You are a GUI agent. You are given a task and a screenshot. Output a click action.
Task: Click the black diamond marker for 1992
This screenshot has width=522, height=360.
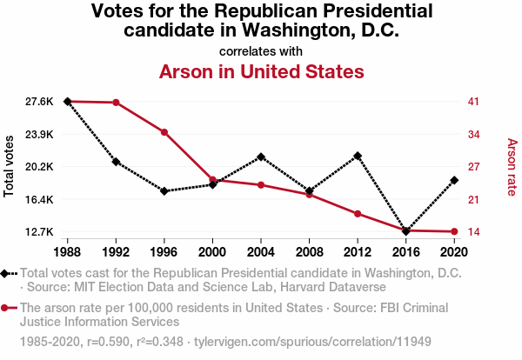pyautogui.click(x=116, y=162)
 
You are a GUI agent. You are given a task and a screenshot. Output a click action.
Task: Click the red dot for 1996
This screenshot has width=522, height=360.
pyautogui.click(x=164, y=132)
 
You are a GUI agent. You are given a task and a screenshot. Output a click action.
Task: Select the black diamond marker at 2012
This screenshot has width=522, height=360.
pyautogui.click(x=358, y=156)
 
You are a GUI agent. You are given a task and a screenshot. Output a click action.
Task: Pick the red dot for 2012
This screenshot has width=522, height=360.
pyautogui.click(x=358, y=214)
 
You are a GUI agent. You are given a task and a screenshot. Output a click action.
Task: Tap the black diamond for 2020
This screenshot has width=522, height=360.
pyautogui.click(x=454, y=180)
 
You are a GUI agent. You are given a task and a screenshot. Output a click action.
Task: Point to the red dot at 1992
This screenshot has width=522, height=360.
pyautogui.click(x=116, y=103)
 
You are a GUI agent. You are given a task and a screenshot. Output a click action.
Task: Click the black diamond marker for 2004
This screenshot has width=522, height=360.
pyautogui.click(x=261, y=157)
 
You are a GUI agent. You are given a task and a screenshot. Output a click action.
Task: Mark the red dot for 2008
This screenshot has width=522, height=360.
pyautogui.click(x=309, y=194)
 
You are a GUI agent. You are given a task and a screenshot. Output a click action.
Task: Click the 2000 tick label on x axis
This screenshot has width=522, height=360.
pyautogui.click(x=212, y=252)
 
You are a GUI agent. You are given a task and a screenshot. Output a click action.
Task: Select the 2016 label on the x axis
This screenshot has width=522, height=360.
pyautogui.click(x=405, y=252)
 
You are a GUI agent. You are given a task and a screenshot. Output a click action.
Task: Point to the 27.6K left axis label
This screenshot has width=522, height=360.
pyautogui.click(x=40, y=102)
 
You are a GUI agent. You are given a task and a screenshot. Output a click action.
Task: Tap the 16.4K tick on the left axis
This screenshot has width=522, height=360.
pyautogui.click(x=40, y=199)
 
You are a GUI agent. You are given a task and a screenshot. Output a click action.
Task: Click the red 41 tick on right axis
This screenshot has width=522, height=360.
pyautogui.click(x=474, y=102)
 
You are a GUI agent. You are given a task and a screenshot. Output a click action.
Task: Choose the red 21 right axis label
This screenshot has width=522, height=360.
pyautogui.click(x=474, y=199)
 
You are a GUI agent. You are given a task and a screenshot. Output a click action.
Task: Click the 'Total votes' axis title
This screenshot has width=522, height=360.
pyautogui.click(x=10, y=166)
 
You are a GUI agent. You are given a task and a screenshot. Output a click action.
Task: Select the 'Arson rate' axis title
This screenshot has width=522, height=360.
pyautogui.click(x=512, y=166)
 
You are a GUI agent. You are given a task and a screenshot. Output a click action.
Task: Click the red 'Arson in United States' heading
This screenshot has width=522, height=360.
pyautogui.click(x=261, y=70)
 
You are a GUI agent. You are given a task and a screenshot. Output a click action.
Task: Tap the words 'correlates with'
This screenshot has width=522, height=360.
pyautogui.click(x=261, y=51)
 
